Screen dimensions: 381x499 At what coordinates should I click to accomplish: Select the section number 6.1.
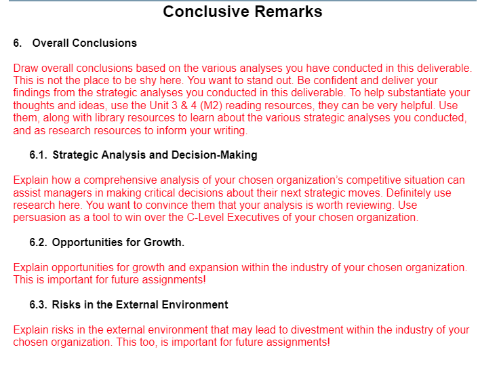pyautogui.click(x=38, y=155)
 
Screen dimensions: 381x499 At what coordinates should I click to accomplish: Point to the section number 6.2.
pyautogui.click(x=38, y=243)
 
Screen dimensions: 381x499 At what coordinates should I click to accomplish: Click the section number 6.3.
pyautogui.click(x=38, y=305)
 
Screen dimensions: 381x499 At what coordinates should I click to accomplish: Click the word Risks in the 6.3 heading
pyautogui.click(x=66, y=305)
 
